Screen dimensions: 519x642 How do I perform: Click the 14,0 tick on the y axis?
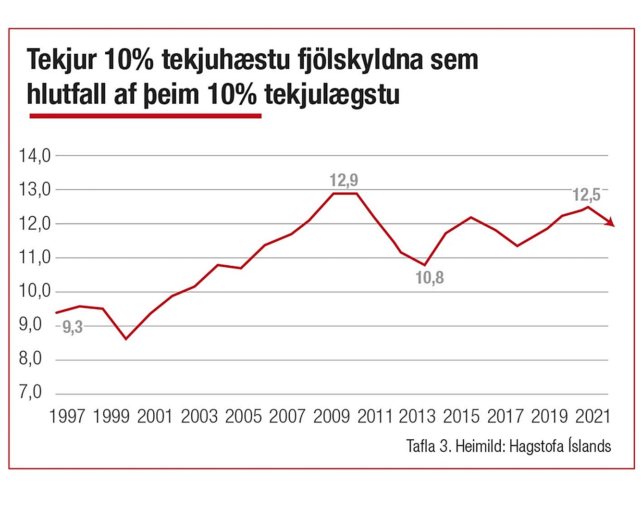pos(35,156)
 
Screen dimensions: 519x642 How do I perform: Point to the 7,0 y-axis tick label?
pos(31,393)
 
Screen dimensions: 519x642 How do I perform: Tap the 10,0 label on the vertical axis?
pos(35,291)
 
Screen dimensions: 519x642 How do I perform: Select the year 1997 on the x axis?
pos(67,416)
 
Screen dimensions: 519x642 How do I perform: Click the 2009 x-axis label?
pos(332,416)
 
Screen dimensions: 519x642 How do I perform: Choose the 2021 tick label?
pos(593,416)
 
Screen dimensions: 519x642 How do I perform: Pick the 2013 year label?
pos(417,416)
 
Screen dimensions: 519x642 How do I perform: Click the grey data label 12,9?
pos(344,180)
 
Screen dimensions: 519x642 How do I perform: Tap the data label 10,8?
pos(430,278)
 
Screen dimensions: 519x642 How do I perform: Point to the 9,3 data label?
pos(73,327)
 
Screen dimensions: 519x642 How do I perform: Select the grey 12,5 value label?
pos(586,195)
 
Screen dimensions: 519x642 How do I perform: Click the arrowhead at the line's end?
pos(610,222)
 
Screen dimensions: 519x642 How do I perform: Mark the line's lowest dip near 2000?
pos(126,339)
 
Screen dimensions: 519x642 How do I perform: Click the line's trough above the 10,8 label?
pos(425,265)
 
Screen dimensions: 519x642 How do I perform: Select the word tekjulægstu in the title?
pos(332,94)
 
